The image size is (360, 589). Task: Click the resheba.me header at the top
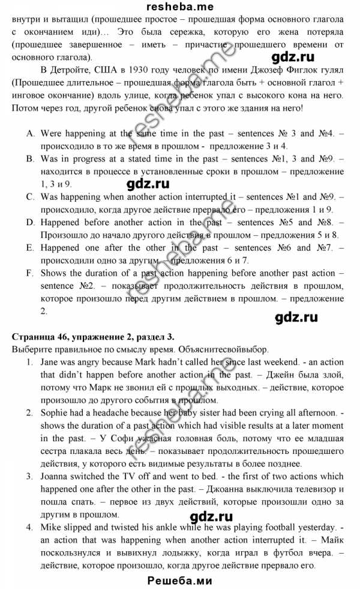pos(179,5)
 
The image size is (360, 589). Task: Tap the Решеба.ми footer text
pos(179,581)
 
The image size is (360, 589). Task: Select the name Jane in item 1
pos(50,363)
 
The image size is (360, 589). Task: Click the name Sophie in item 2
pos(54,413)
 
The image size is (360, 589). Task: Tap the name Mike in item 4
pos(50,527)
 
